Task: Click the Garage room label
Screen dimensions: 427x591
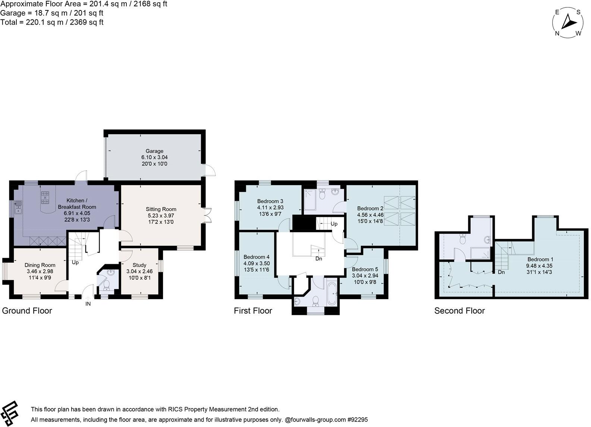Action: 154,151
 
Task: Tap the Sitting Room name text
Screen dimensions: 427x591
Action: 161,209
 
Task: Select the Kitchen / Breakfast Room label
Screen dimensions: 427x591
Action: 77,203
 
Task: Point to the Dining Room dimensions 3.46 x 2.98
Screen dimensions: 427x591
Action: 40,271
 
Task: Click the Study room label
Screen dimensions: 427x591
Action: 139,265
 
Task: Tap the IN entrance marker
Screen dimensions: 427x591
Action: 88,304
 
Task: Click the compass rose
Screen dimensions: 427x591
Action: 568,22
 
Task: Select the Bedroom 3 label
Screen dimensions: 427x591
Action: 270,201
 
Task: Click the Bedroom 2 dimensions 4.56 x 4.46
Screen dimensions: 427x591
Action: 370,215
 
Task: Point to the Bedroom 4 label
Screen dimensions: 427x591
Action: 256,257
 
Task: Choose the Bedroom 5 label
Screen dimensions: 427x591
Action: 365,269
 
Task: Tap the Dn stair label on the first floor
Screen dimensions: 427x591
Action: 319,259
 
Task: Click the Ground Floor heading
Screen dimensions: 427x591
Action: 27,311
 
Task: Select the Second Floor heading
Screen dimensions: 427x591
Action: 459,311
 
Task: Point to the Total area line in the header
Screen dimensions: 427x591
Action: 52,22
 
